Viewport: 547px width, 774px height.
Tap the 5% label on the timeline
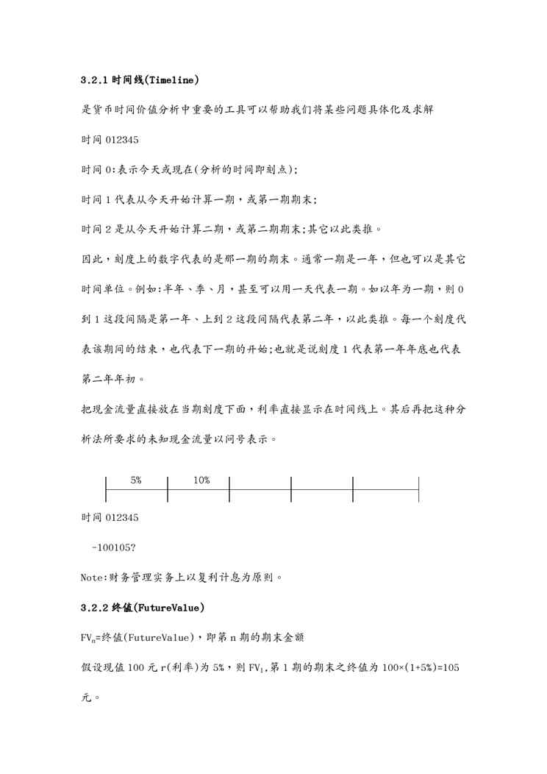[136, 480]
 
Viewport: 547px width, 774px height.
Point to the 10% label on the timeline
[201, 480]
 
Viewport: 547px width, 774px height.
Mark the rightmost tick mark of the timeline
[418, 489]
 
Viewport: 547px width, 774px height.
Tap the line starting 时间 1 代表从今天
[199, 199]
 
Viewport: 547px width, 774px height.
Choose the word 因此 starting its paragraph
[90, 260]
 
